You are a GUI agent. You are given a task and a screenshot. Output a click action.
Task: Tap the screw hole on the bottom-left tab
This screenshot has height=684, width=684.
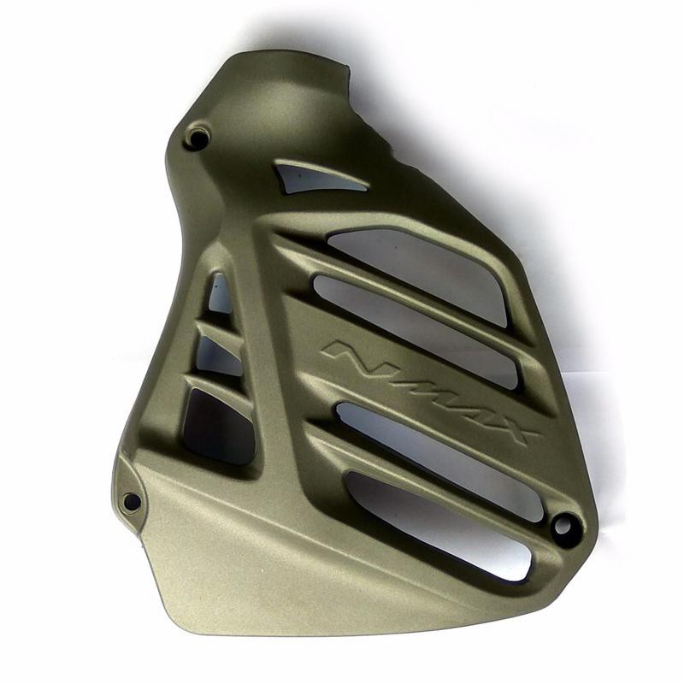pyautogui.click(x=131, y=501)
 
